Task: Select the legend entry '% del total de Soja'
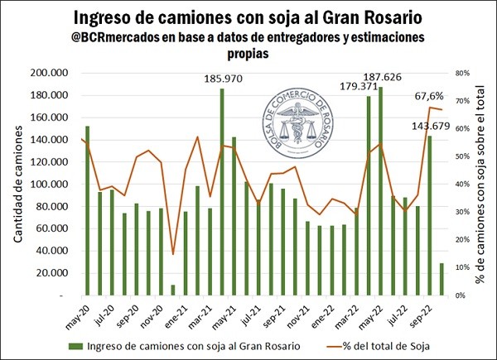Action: [x=385, y=344]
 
